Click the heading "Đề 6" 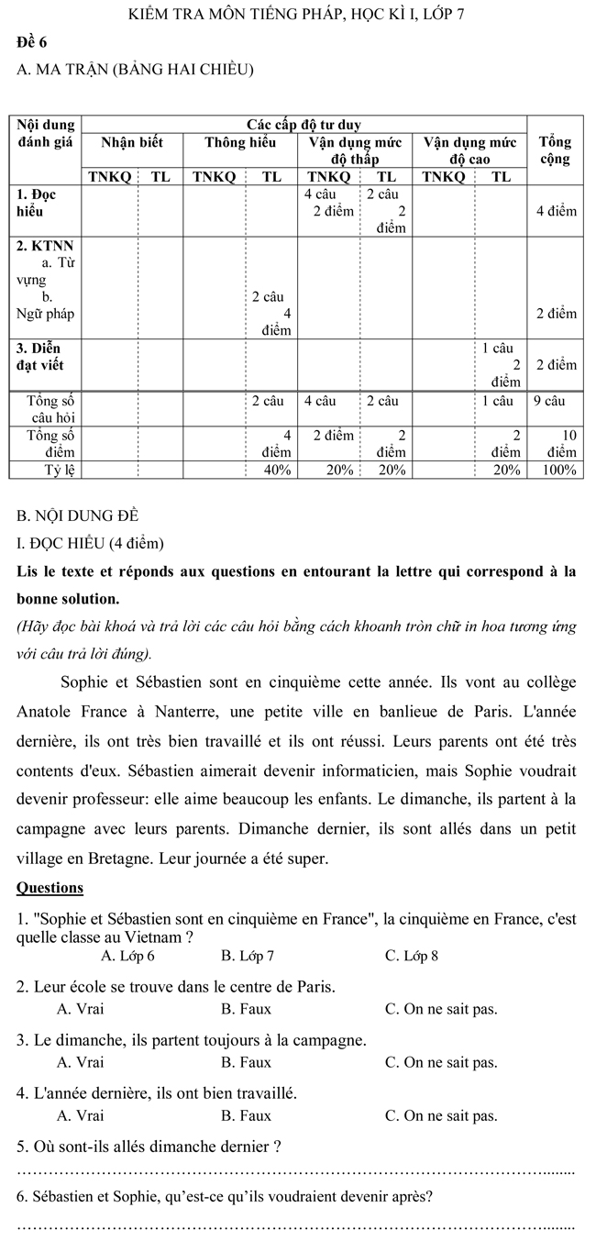[31, 42]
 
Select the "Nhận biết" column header [131, 142]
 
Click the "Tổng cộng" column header [555, 150]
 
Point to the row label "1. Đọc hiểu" [37, 203]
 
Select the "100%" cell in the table [559, 471]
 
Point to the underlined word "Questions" [50, 888]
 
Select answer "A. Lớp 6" [127, 956]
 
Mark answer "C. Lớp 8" [412, 956]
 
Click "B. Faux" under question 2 [246, 1009]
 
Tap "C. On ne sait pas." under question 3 [441, 1062]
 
